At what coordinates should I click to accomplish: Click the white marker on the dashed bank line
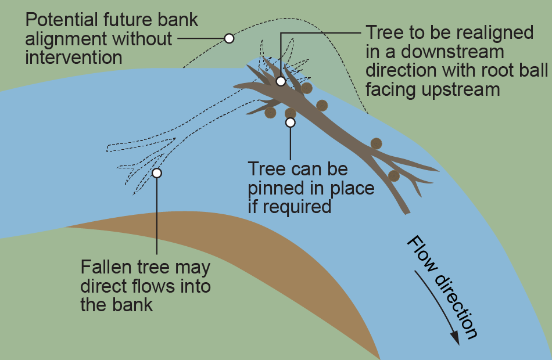(x=230, y=38)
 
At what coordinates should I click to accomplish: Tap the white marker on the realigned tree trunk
(x=281, y=81)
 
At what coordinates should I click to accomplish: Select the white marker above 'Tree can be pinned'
(x=291, y=123)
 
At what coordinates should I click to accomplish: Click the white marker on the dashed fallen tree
(x=156, y=172)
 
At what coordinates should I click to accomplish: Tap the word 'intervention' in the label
(x=73, y=57)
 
